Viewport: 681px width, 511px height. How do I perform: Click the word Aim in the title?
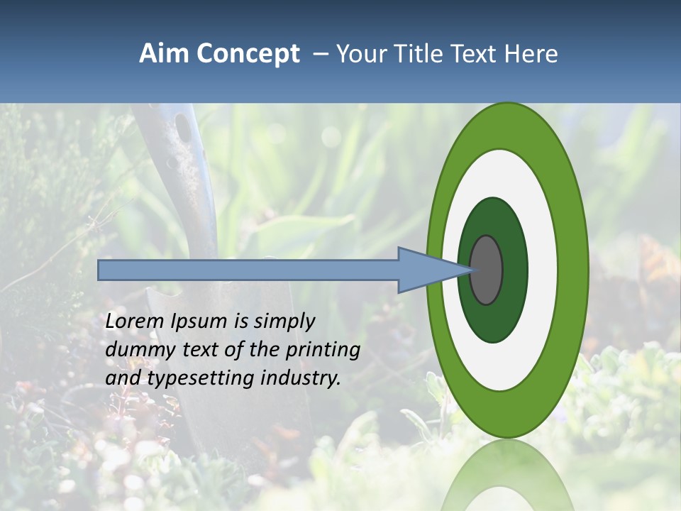164,54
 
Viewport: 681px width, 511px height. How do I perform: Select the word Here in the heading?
531,54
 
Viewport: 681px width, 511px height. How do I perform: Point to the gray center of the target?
486,270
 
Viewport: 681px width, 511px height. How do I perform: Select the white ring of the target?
542,270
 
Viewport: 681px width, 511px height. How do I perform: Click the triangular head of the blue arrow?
426,270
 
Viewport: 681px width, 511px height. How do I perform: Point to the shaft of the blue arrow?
248,270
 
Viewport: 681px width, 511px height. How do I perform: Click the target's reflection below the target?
506,476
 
